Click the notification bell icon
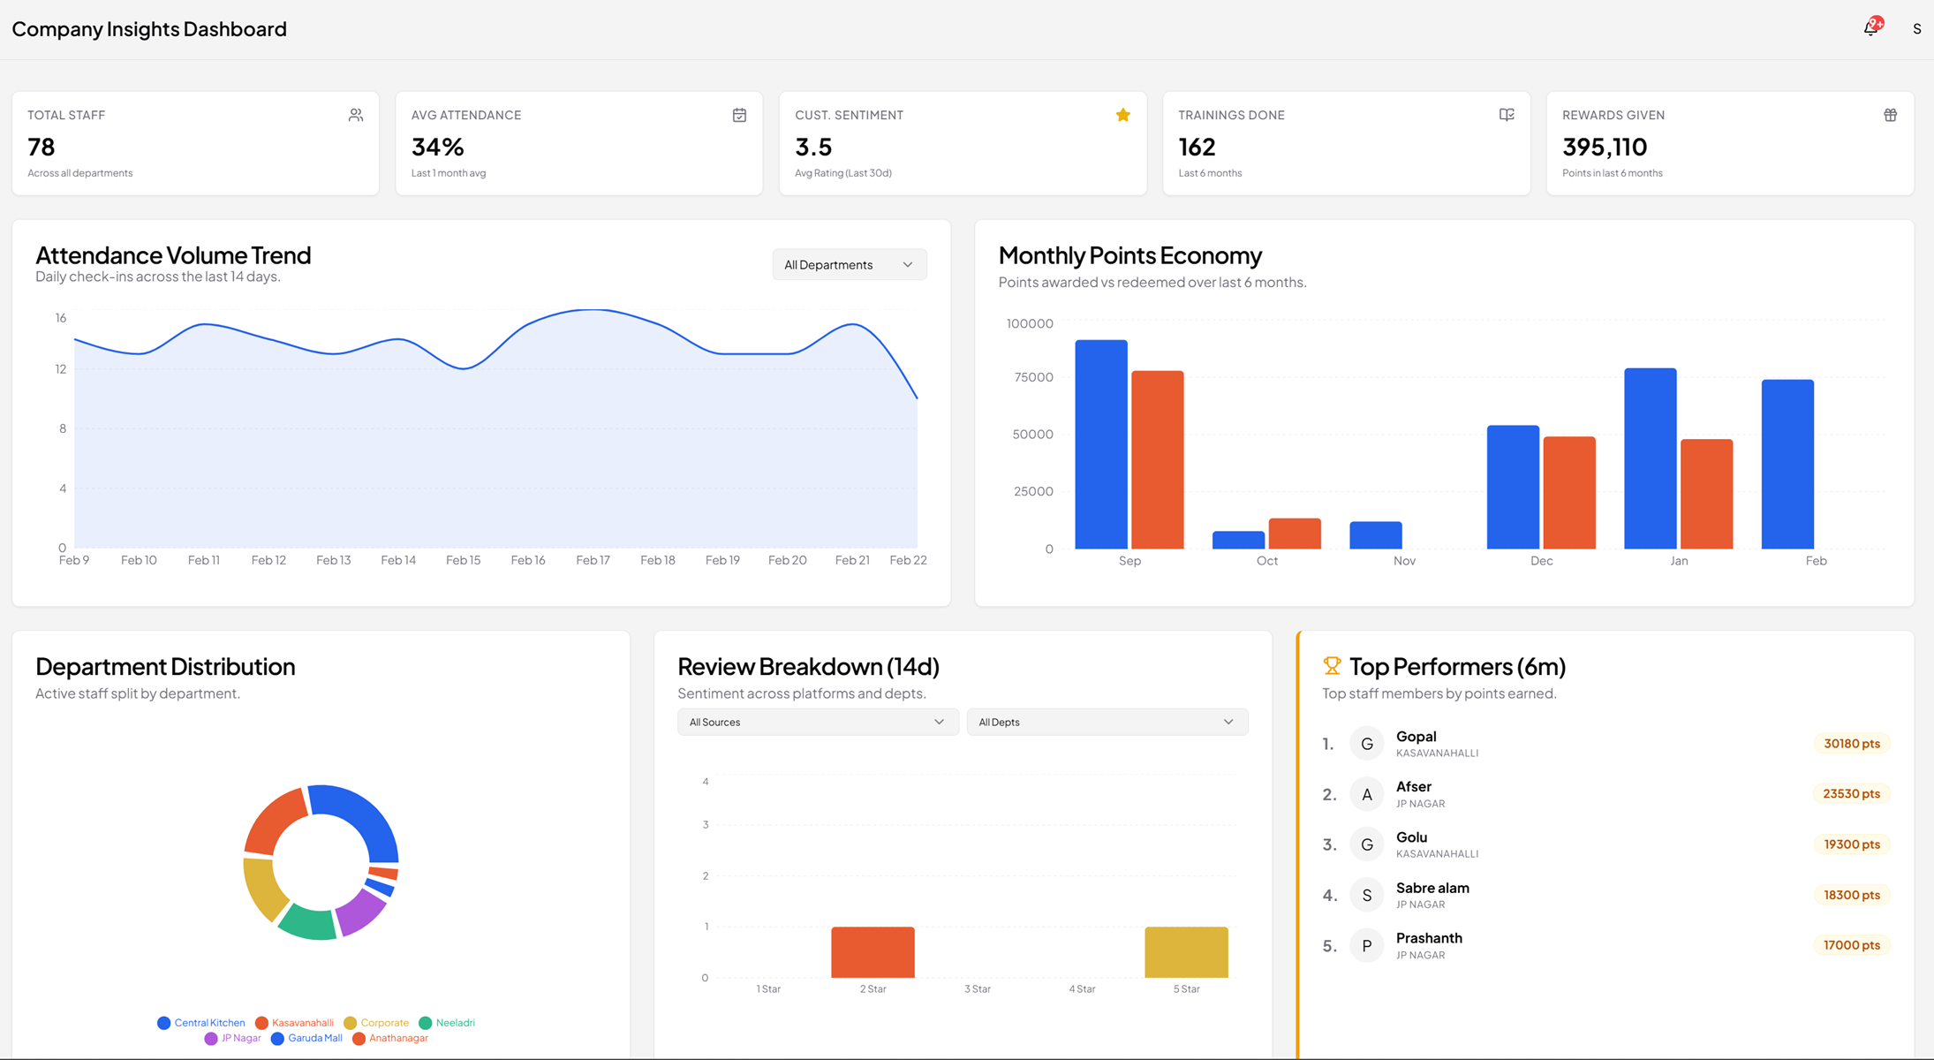pyautogui.click(x=1870, y=28)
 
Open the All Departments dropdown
pyautogui.click(x=849, y=265)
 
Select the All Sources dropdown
pyautogui.click(x=817, y=722)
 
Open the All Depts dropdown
pyautogui.click(x=1106, y=722)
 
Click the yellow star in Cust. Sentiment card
pyautogui.click(x=1122, y=115)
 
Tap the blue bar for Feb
pyautogui.click(x=1787, y=464)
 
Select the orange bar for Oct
pyautogui.click(x=1295, y=534)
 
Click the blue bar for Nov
pyautogui.click(x=1375, y=535)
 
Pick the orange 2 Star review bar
pyautogui.click(x=873, y=951)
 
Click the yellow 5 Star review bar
pyautogui.click(x=1186, y=951)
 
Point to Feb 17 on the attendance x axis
pyautogui.click(x=593, y=560)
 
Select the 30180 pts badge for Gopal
pyautogui.click(x=1851, y=744)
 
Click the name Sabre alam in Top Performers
pyautogui.click(x=1432, y=888)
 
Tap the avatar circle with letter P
pyautogui.click(x=1366, y=946)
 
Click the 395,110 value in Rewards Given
pyautogui.click(x=1604, y=147)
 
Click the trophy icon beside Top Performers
pyautogui.click(x=1332, y=665)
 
